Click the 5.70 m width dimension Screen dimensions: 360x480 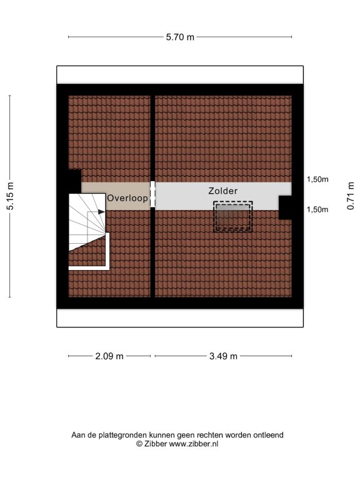[180, 37]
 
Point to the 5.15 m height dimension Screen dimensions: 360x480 [10, 196]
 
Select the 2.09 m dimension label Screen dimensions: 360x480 [109, 356]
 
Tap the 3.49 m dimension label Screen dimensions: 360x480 [223, 356]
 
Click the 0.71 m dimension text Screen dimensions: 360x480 [351, 196]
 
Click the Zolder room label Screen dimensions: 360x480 [223, 191]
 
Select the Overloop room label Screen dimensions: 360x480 [127, 198]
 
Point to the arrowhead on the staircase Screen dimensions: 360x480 [101, 211]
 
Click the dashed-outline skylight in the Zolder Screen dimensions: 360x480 [233, 216]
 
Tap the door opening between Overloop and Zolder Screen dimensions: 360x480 [152, 194]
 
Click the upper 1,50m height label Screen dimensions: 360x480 [317, 179]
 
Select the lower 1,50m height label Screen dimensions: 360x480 [317, 209]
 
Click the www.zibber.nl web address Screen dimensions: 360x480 [194, 444]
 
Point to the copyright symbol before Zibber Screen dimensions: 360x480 [139, 444]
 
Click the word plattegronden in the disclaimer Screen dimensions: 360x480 [122, 435]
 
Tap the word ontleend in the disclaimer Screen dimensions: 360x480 [268, 435]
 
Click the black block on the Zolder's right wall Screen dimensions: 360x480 [285, 207]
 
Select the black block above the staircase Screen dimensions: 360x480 [75, 181]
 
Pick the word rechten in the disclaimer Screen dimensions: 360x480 [210, 435]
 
